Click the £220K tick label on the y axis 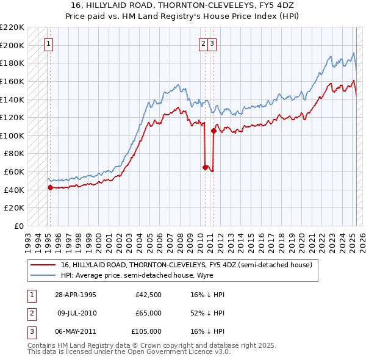13,27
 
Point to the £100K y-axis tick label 13,135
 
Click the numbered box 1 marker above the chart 48,43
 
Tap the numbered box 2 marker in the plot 203,43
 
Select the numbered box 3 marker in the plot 212,43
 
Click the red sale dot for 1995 50,187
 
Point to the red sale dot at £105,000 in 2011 213,131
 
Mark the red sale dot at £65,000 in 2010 205,167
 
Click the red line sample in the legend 43,265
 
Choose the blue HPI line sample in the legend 43,275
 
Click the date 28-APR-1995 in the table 76,295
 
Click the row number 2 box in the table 30,313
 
